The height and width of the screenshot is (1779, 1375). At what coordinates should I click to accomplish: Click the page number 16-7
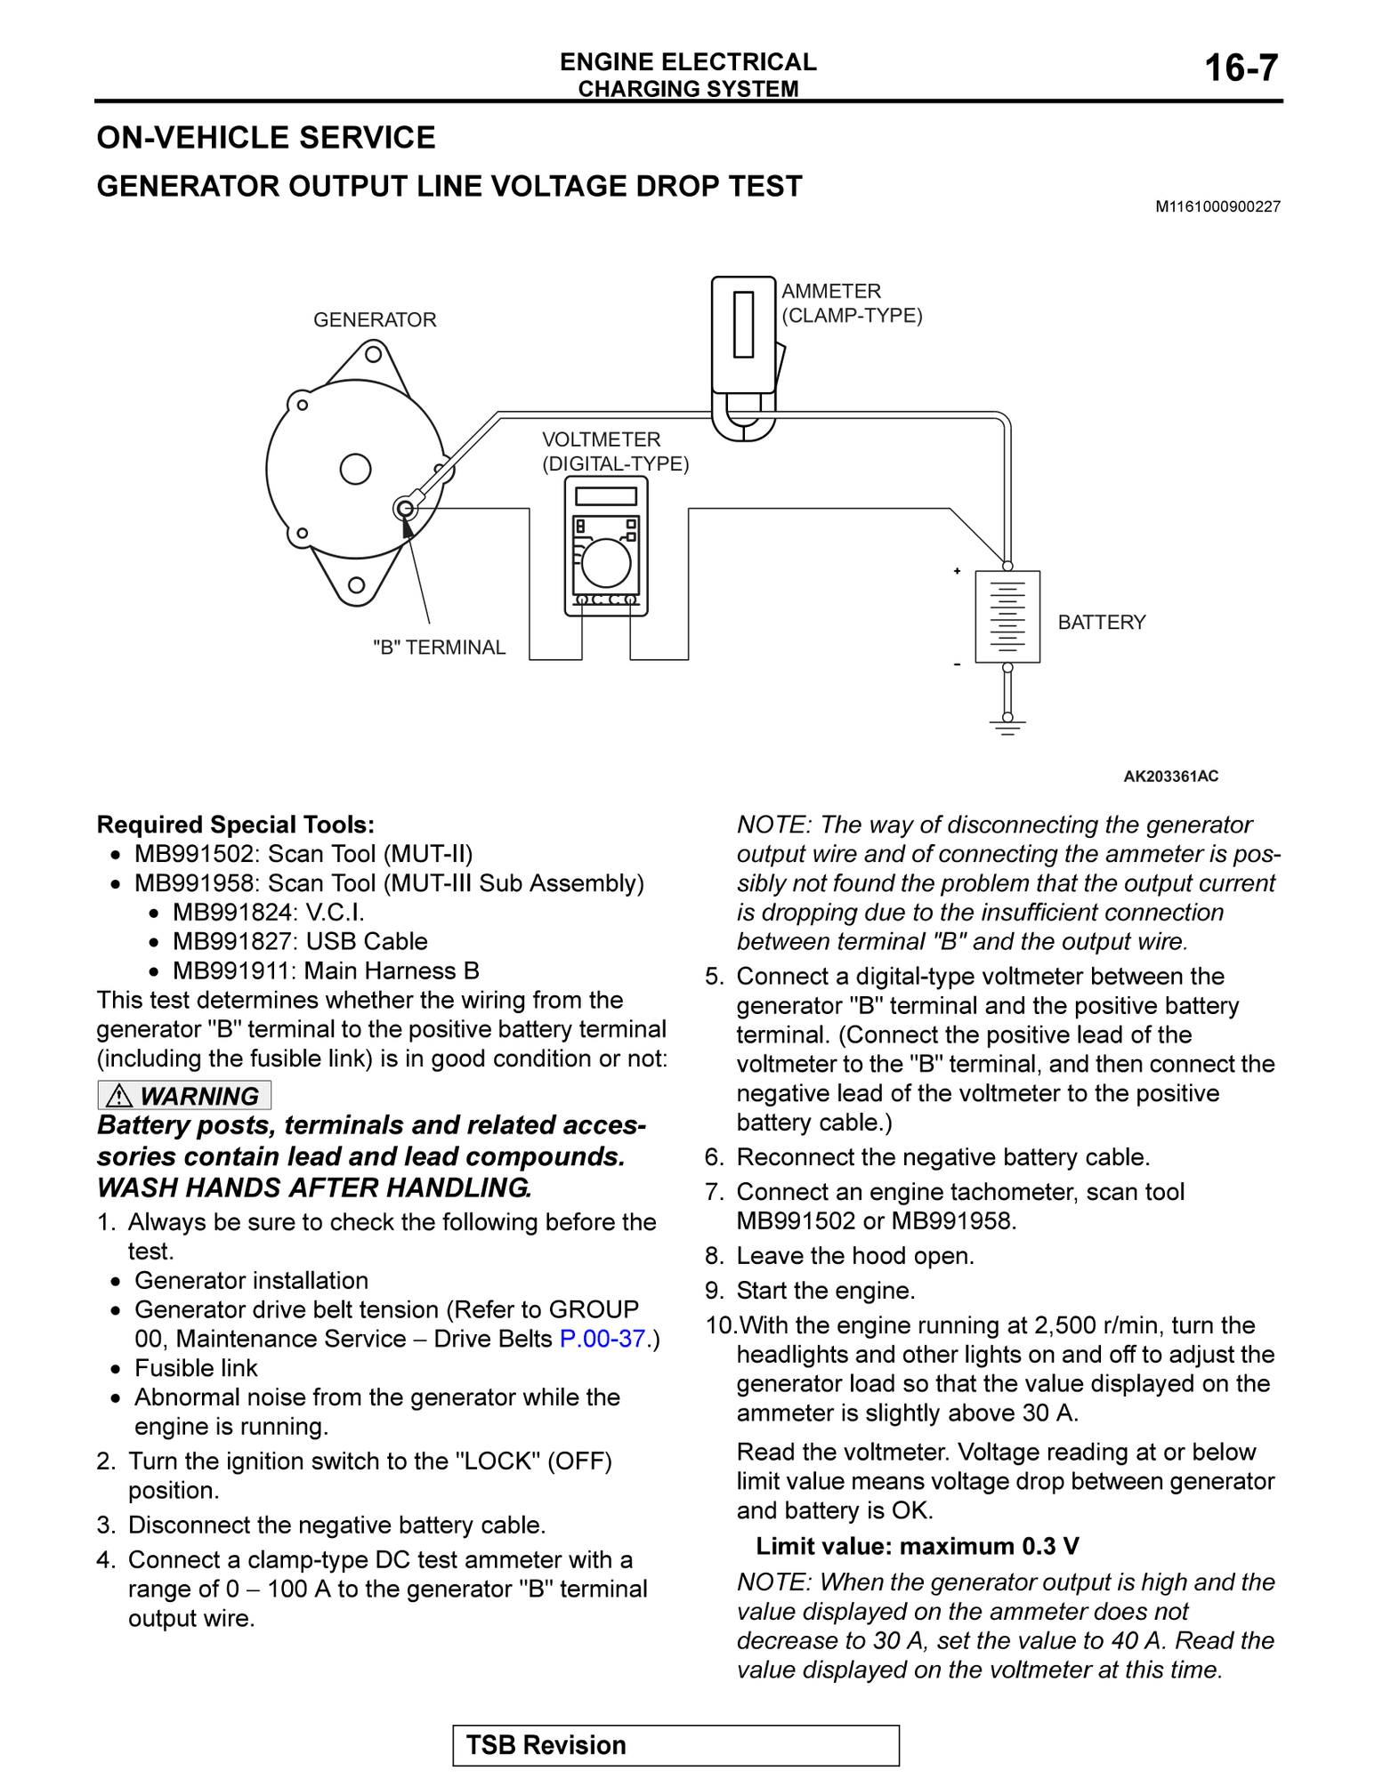pyautogui.click(x=1241, y=68)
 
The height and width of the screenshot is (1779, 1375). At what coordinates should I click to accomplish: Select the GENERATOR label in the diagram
pyautogui.click(x=375, y=319)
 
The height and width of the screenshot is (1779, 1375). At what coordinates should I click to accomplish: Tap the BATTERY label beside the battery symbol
pyautogui.click(x=1101, y=622)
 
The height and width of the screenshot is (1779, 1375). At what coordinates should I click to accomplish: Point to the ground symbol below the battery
pyautogui.click(x=1007, y=727)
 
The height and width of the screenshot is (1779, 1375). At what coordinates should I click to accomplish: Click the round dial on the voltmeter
pyautogui.click(x=606, y=562)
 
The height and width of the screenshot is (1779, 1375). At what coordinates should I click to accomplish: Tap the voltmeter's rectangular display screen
pyautogui.click(x=606, y=495)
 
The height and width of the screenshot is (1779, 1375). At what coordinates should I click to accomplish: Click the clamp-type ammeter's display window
pyautogui.click(x=743, y=324)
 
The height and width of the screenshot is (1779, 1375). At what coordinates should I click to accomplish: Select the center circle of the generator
pyautogui.click(x=355, y=469)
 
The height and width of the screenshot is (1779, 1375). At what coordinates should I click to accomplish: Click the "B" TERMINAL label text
pyautogui.click(x=439, y=648)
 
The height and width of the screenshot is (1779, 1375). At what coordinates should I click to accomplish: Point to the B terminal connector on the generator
pyautogui.click(x=405, y=508)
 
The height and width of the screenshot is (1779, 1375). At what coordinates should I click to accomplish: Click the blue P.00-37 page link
pyautogui.click(x=602, y=1339)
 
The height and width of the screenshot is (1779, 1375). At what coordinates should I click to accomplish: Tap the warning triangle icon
pyautogui.click(x=119, y=1096)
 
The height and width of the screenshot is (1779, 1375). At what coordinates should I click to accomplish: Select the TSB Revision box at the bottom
pyautogui.click(x=675, y=1745)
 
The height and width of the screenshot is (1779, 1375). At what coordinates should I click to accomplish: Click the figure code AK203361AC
pyautogui.click(x=1170, y=776)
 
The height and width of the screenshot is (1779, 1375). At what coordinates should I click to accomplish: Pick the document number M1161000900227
pyautogui.click(x=1217, y=206)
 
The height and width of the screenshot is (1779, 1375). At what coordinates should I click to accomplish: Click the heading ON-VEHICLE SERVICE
pyautogui.click(x=266, y=138)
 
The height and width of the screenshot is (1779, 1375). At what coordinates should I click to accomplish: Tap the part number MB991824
pyautogui.click(x=232, y=912)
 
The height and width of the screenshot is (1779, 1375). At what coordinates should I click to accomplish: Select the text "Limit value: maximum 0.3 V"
pyautogui.click(x=917, y=1546)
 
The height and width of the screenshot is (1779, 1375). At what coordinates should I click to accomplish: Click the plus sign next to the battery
pyautogui.click(x=957, y=571)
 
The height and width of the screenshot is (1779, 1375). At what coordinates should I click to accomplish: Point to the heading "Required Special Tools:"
pyautogui.click(x=236, y=825)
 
